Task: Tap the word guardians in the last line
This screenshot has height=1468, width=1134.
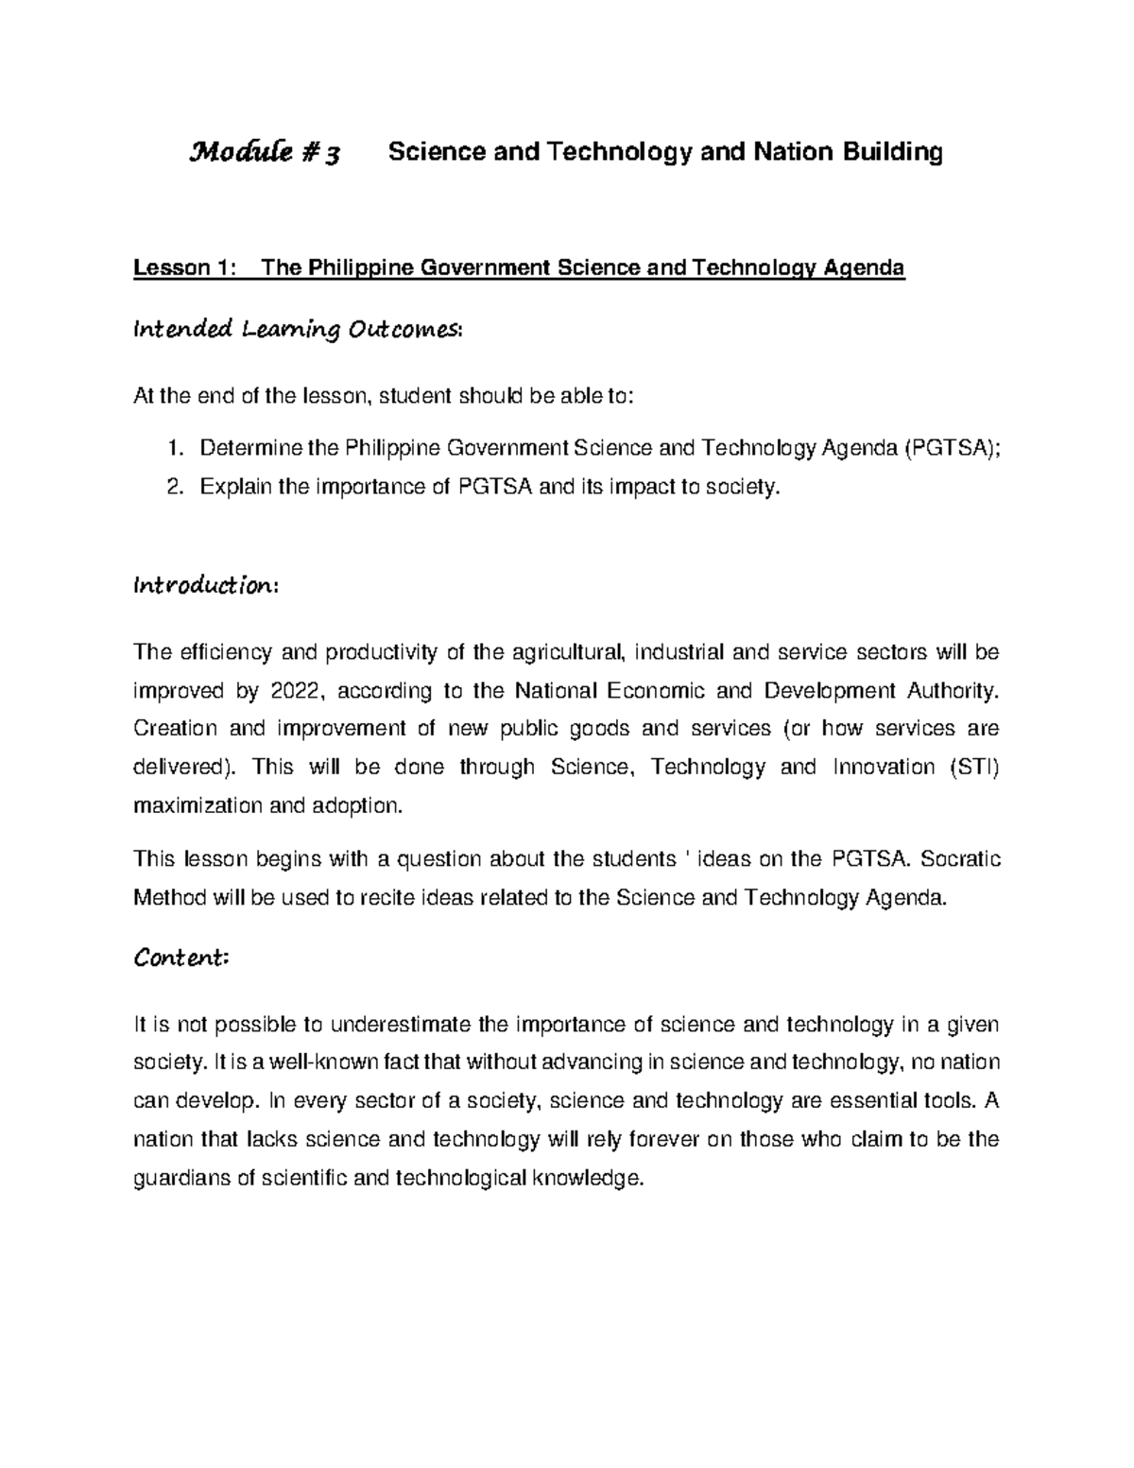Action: (181, 1179)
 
